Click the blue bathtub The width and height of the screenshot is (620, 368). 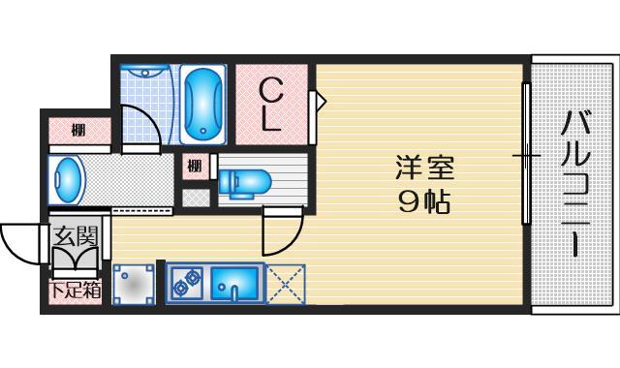coord(203,104)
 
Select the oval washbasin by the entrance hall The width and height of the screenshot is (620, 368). coord(67,180)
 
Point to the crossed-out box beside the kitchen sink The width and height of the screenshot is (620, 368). coord(287,284)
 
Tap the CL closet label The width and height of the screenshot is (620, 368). coord(272,106)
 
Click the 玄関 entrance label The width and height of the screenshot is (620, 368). coord(75,235)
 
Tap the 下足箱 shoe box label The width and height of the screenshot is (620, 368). coord(75,290)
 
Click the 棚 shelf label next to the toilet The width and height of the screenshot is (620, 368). coord(196,166)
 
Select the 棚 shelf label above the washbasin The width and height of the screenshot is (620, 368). coord(77,130)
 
